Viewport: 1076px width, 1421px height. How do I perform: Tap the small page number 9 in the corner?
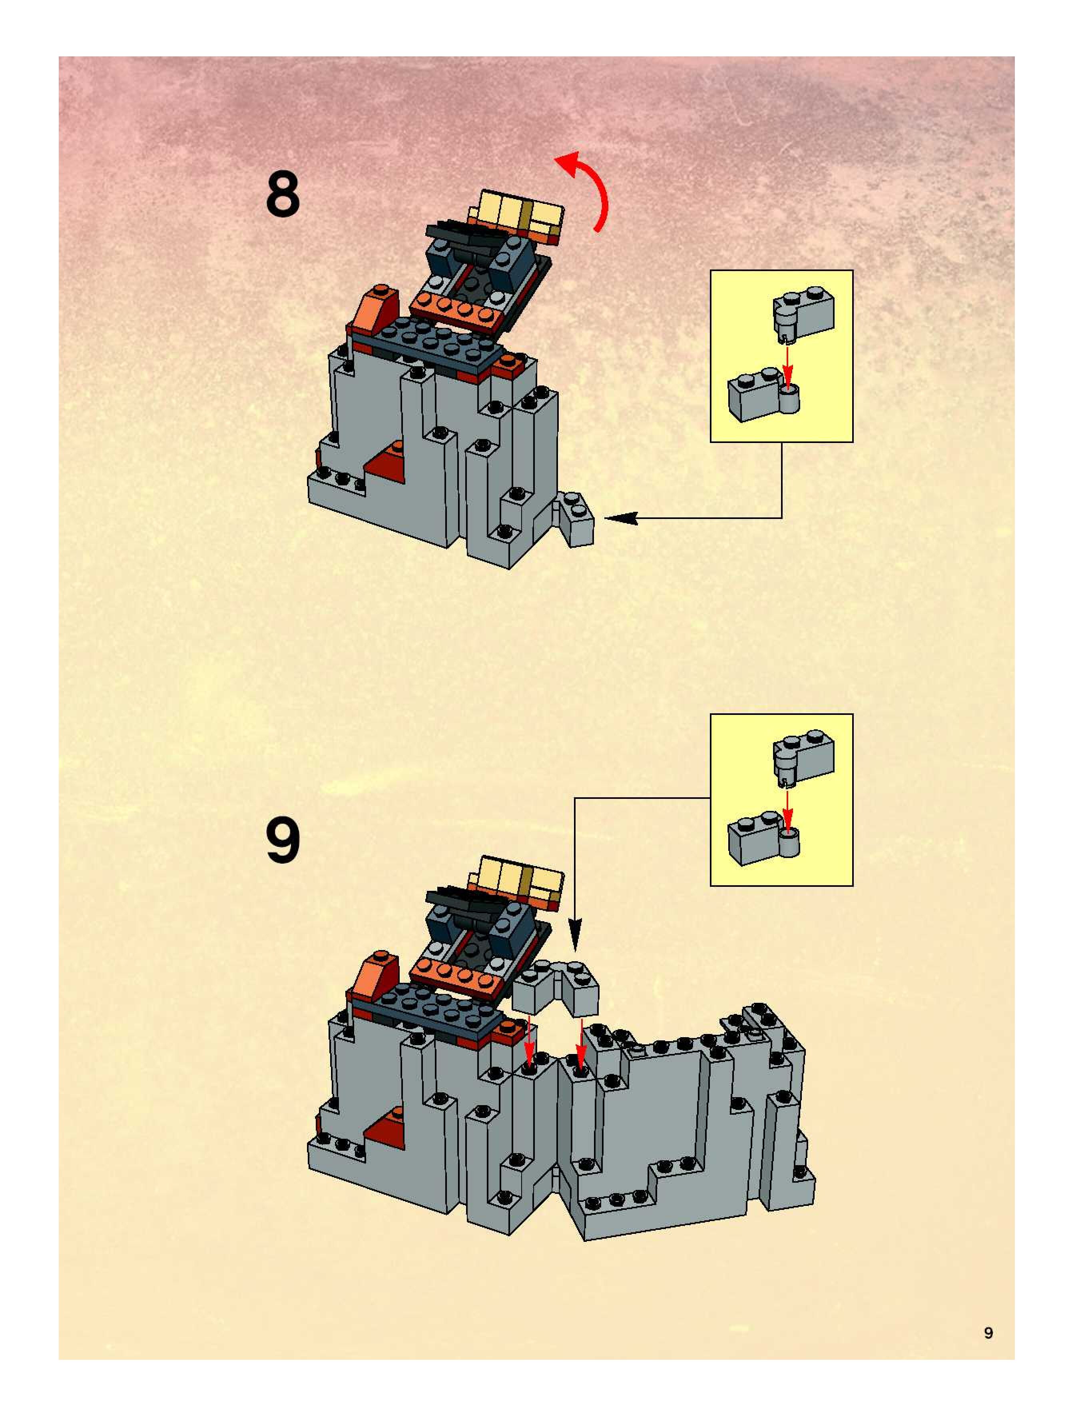tap(988, 1333)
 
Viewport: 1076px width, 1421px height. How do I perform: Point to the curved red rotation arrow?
tap(588, 186)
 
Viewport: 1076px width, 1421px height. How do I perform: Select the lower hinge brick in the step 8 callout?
tap(765, 396)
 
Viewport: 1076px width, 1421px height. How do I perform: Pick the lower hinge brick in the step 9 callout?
tap(765, 840)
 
